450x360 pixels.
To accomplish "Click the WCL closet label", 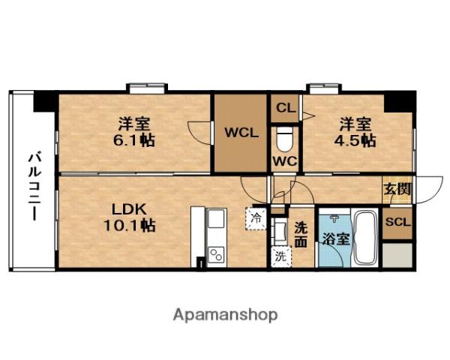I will point(241,133).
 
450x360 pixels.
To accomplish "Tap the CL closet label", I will point(285,107).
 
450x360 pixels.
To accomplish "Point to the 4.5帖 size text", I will point(356,140).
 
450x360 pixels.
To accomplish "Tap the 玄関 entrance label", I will point(397,188).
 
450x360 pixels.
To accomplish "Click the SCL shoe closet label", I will point(397,222).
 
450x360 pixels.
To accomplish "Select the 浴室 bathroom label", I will point(334,240).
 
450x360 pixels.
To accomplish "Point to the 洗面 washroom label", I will point(301,235).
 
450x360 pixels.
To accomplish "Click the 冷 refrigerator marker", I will point(255,220).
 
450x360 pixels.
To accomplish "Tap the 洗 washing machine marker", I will point(280,255).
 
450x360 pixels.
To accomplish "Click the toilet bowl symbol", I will point(285,139).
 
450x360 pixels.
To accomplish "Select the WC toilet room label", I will point(284,160).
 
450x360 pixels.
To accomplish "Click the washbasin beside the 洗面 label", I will point(280,229).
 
